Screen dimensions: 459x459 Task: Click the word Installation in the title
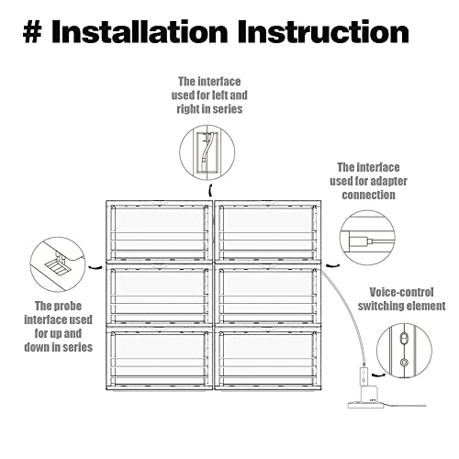click(x=140, y=31)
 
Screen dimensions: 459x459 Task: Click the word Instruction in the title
click(x=323, y=31)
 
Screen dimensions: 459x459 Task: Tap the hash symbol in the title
click(x=32, y=32)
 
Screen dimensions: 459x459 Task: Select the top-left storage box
click(x=159, y=231)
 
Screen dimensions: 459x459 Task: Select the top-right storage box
click(x=268, y=231)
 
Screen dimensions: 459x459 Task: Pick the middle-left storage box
click(x=159, y=295)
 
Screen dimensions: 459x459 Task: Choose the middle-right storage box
click(x=268, y=295)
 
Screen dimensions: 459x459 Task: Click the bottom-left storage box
click(x=159, y=358)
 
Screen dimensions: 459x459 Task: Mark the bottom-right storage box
click(x=268, y=358)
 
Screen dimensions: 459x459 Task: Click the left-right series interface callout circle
click(x=180, y=152)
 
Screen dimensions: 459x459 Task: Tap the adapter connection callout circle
click(x=340, y=238)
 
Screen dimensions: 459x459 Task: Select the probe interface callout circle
click(x=30, y=264)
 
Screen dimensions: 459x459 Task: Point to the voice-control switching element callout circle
click(x=376, y=351)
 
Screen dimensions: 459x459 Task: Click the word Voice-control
click(x=401, y=292)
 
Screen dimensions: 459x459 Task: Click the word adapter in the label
click(x=388, y=182)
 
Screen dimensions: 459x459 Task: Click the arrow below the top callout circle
click(x=210, y=190)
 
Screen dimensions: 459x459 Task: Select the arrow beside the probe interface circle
click(x=95, y=268)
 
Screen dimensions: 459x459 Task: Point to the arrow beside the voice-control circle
click(x=378, y=375)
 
